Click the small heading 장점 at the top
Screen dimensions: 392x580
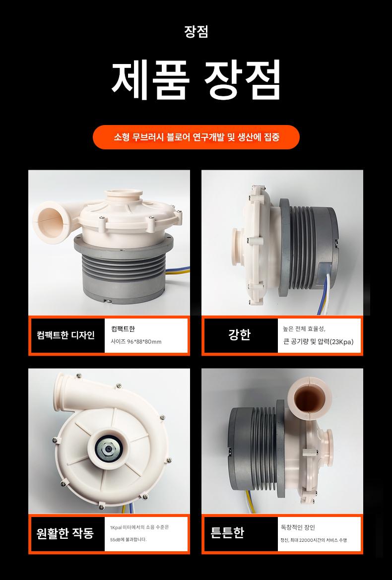[196, 32]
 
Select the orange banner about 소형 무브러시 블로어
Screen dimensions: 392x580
[196, 137]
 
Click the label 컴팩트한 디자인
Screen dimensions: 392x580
[66, 335]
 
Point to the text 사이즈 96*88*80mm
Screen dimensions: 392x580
[136, 341]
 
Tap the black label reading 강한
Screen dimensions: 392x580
[240, 334]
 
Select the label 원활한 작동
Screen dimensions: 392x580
[65, 533]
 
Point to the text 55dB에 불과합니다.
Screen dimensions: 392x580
[129, 539]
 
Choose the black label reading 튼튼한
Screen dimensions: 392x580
[227, 533]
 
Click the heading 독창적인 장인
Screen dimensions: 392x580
[298, 527]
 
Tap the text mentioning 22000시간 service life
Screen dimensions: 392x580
[314, 540]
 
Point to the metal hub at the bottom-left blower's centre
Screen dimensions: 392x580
[108, 449]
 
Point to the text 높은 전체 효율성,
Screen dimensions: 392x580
[304, 328]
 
